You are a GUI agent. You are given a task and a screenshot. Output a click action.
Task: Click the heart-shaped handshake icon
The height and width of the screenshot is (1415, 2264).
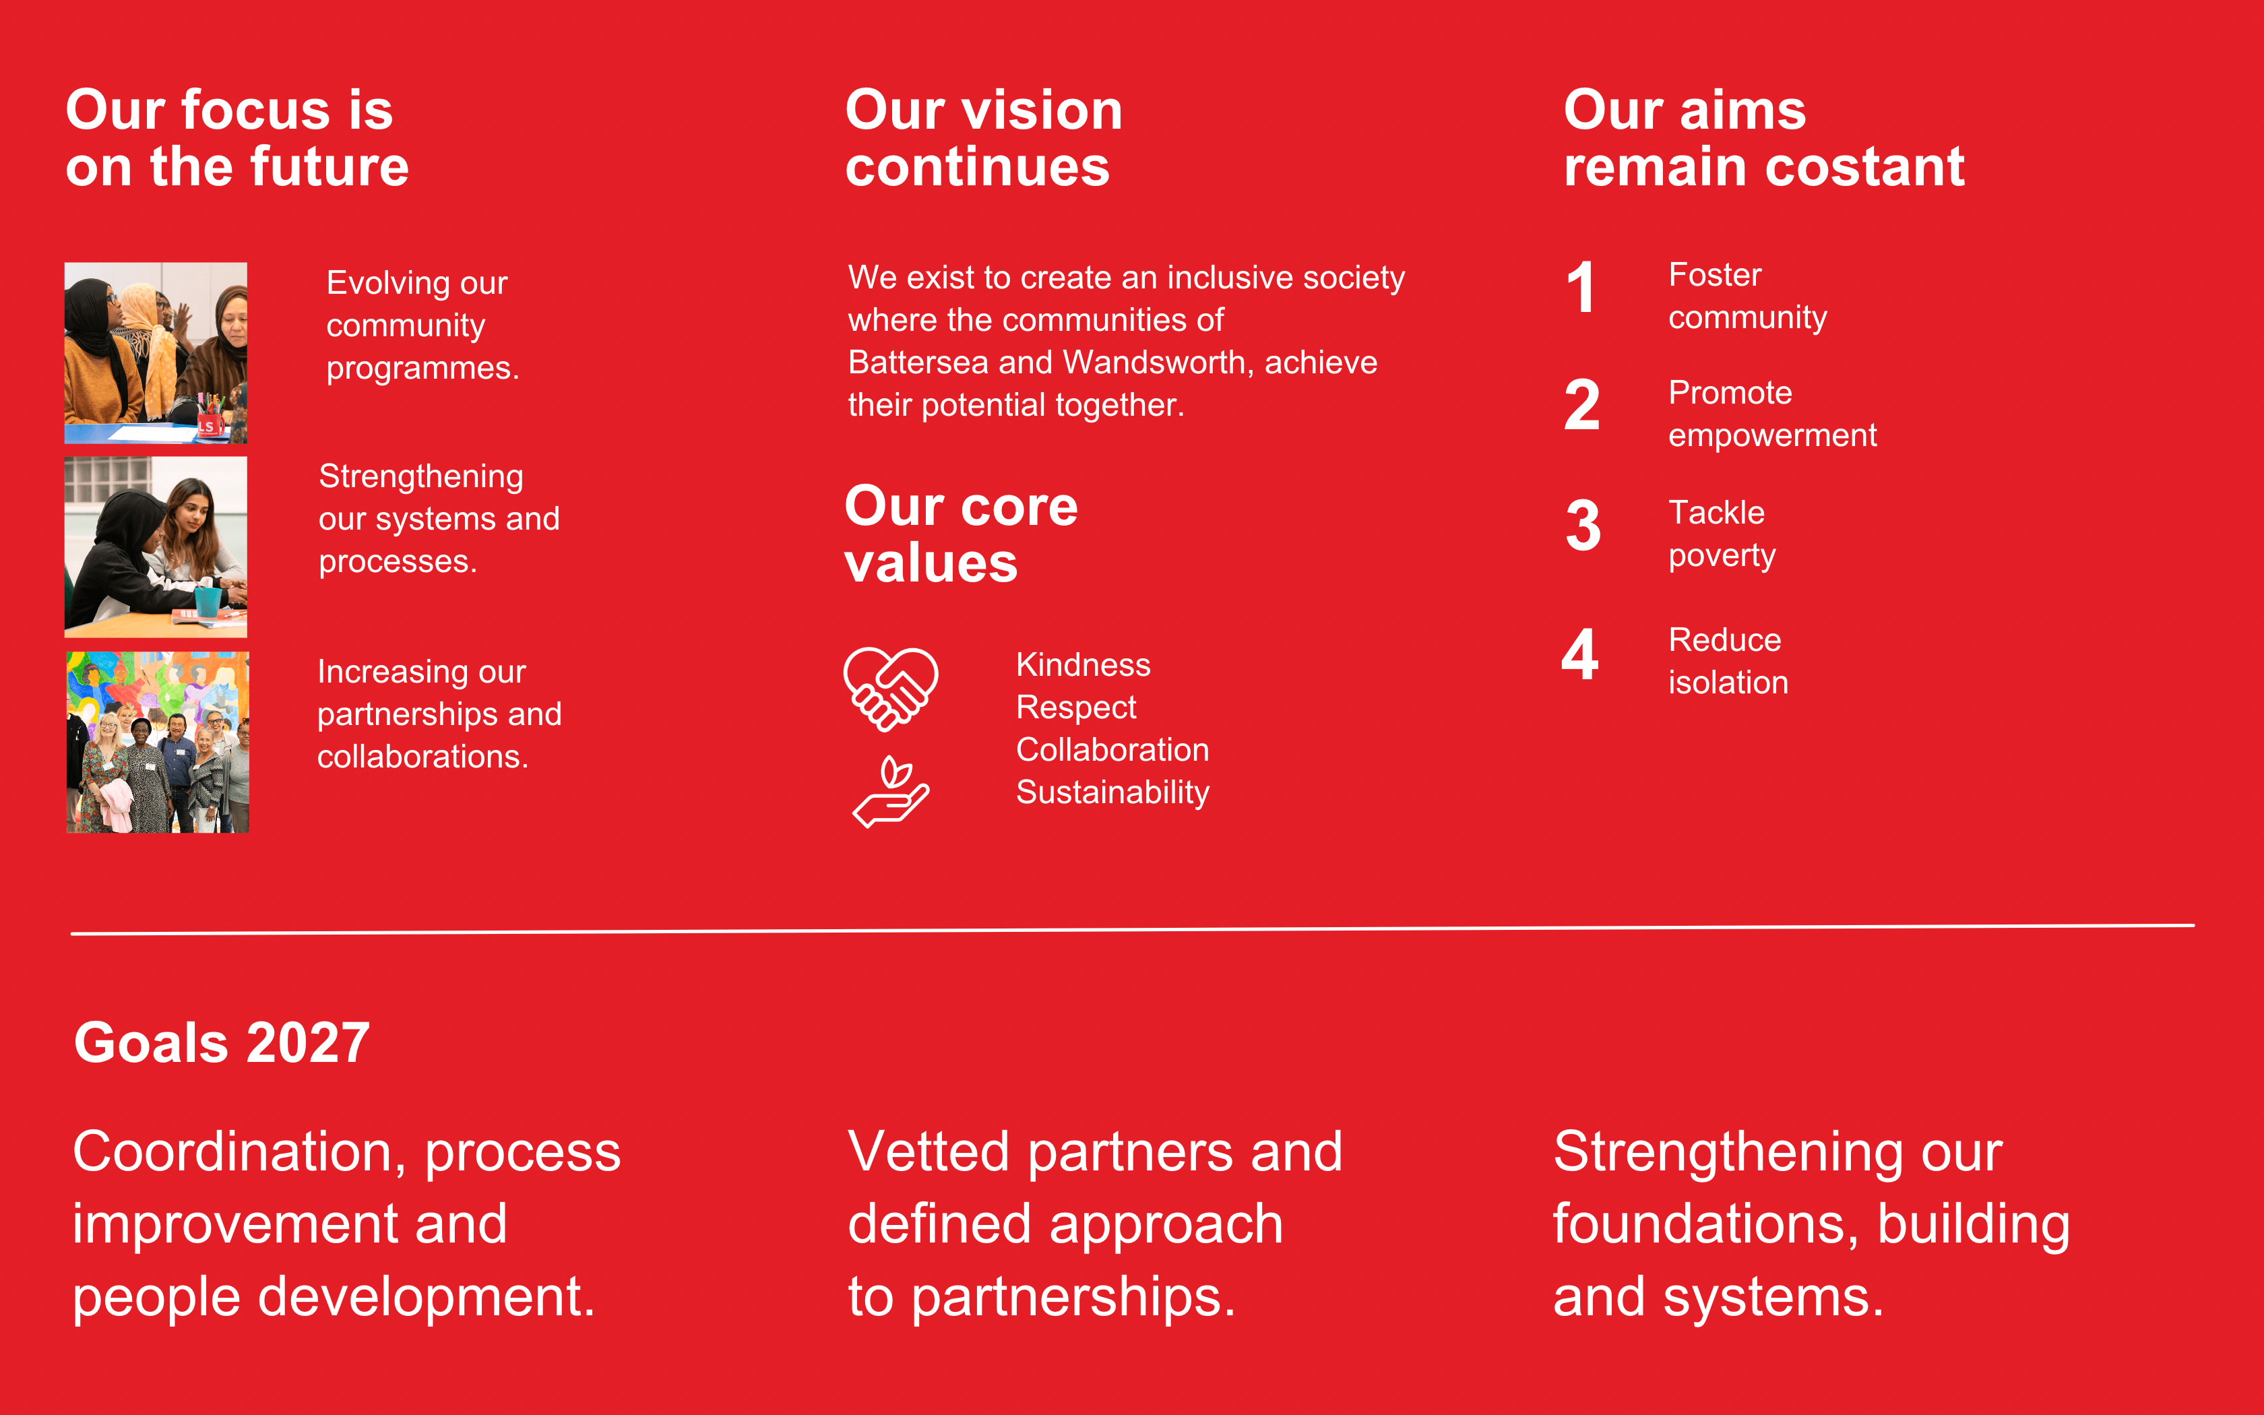point(891,689)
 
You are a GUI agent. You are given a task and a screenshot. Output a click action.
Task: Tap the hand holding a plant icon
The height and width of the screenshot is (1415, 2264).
point(891,792)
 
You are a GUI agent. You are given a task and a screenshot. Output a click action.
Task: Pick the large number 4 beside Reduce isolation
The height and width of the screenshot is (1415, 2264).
point(1580,654)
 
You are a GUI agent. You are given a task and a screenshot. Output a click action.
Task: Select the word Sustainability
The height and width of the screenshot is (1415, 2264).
point(1112,792)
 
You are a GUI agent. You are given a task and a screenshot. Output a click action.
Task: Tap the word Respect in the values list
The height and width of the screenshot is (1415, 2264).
point(1076,707)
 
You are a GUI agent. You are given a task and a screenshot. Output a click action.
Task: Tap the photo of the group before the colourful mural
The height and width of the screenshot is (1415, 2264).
point(157,742)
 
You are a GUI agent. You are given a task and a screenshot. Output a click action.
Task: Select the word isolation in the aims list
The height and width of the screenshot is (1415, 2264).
point(1728,682)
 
